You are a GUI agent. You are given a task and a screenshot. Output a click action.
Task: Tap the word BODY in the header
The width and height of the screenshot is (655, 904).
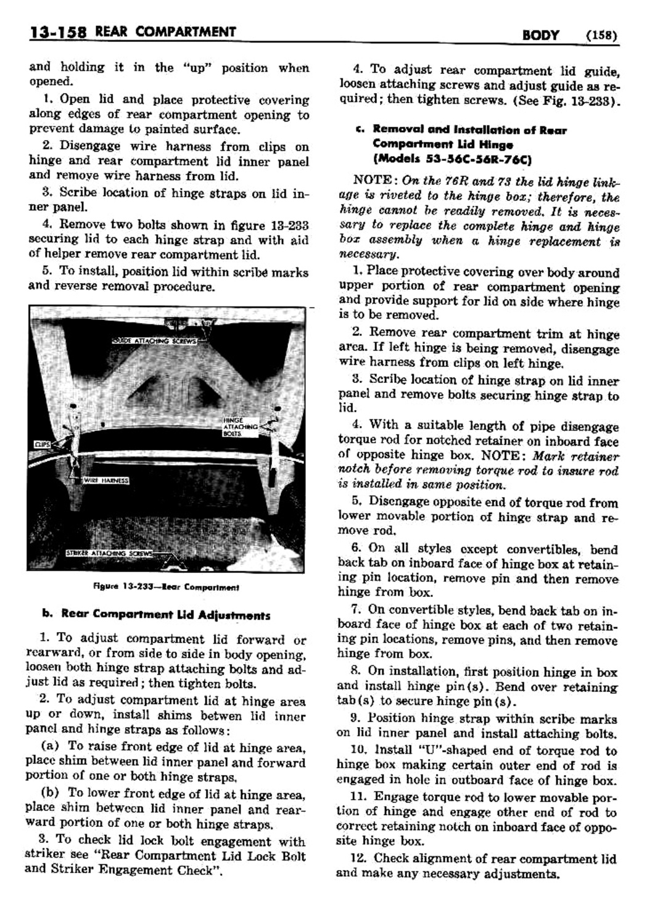click(540, 35)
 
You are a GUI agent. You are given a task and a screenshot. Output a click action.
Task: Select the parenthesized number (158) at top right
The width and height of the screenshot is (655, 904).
click(601, 35)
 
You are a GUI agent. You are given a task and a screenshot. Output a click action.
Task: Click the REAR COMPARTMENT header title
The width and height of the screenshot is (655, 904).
click(165, 31)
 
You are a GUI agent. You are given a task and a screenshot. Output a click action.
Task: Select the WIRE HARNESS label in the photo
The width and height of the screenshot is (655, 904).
click(105, 480)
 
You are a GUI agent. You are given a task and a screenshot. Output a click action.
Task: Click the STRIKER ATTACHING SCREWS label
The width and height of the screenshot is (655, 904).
click(109, 553)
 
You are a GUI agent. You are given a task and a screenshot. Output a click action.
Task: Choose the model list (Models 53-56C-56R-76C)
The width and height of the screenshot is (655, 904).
click(453, 159)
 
